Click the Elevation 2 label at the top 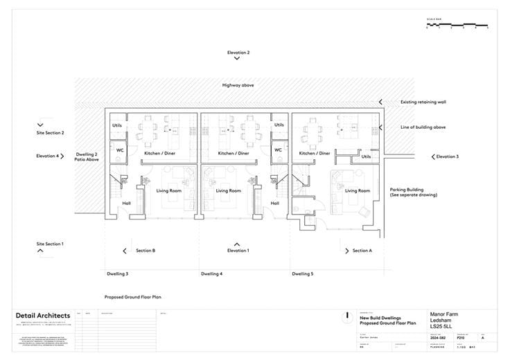238,53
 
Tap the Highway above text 238,84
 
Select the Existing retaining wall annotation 423,102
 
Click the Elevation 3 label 446,156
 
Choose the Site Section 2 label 50,132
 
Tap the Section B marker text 145,251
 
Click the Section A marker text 362,251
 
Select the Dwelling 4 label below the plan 211,274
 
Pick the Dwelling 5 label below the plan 302,274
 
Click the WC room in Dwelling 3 119,150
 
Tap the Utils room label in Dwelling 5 366,156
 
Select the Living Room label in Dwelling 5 358,190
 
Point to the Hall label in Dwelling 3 126,204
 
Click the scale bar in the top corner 457,26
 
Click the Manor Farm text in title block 443,314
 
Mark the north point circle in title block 345,316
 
